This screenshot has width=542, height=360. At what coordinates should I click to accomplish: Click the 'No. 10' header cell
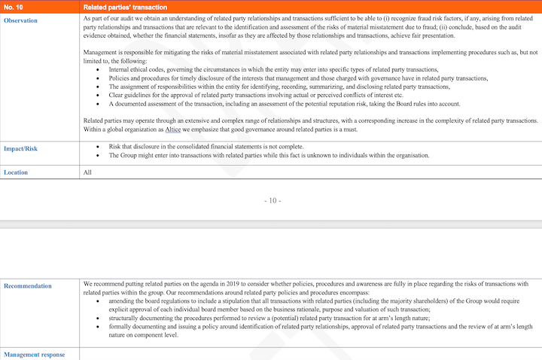pos(14,7)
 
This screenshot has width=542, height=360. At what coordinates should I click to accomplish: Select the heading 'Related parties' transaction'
pos(124,7)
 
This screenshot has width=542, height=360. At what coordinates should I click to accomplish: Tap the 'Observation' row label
pos(21,20)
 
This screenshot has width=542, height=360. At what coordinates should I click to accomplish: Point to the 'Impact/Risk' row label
pos(20,148)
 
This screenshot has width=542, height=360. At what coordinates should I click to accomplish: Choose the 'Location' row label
pos(16,172)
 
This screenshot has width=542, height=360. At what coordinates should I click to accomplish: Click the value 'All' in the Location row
pos(87,172)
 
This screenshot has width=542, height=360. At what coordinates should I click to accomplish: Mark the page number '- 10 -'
pos(273,200)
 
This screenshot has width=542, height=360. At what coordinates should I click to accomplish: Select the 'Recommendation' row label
pos(28,286)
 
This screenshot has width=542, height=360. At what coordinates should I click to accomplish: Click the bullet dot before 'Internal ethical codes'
pos(100,69)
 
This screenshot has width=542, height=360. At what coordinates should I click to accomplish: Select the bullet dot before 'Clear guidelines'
pos(100,96)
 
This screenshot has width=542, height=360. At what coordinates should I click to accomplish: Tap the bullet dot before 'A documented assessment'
pos(100,104)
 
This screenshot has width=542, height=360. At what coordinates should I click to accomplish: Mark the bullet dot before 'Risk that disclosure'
pos(100,147)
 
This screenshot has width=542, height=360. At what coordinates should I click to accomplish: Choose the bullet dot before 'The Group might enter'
pos(100,155)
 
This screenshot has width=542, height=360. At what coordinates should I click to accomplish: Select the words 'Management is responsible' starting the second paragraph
pos(118,52)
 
